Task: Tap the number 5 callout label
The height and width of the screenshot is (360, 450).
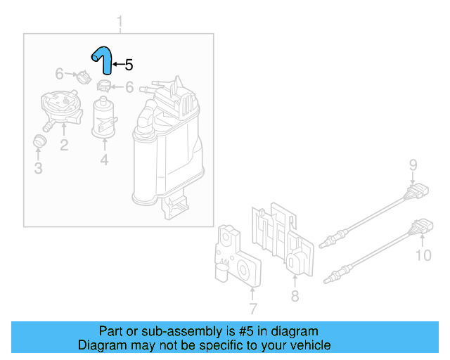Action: (x=128, y=65)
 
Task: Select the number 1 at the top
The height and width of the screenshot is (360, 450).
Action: (x=120, y=21)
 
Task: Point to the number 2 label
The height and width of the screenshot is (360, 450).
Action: (x=63, y=146)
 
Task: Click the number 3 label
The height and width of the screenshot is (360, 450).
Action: (x=39, y=168)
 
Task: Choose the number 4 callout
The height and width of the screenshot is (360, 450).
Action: (x=104, y=160)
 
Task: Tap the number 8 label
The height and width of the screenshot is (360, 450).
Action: (x=295, y=297)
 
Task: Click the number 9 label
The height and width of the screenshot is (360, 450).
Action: (x=413, y=166)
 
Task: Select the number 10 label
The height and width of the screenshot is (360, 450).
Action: (x=423, y=255)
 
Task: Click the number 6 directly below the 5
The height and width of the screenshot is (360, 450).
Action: (x=129, y=87)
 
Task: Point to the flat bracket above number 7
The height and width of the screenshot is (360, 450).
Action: (x=236, y=260)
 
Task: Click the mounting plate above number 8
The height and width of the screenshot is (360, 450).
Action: (x=283, y=239)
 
